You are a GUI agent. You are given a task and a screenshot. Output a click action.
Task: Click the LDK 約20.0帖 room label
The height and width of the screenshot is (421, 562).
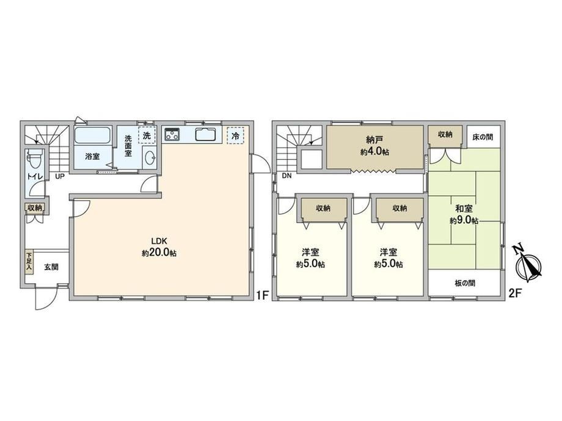159,247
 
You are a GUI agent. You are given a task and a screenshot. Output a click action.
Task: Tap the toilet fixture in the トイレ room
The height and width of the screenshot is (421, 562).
34,158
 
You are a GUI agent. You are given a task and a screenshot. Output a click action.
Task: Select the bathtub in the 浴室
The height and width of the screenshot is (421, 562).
92,135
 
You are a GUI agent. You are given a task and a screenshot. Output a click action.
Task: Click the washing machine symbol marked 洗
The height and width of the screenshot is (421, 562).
147,135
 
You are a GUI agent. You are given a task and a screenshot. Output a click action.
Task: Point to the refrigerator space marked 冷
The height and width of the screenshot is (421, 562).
235,135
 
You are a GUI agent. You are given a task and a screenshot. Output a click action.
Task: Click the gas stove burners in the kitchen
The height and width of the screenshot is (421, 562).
172,134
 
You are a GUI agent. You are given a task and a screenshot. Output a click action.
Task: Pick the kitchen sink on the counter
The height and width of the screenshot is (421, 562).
206,134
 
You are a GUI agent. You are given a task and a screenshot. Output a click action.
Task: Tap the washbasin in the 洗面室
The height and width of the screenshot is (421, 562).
150,157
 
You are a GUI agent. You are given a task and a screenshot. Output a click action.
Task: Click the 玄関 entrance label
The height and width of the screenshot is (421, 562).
51,267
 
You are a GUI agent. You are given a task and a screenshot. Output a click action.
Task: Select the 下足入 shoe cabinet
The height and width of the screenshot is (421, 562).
29,262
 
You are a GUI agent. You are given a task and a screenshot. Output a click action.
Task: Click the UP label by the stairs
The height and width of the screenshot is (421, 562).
59,176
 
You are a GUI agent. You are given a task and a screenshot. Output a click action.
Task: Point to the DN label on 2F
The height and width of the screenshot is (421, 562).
286,176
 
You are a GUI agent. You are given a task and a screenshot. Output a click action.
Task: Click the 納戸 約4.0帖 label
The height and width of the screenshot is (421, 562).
375,145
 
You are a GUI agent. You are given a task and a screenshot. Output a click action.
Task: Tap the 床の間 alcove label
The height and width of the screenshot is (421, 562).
483,137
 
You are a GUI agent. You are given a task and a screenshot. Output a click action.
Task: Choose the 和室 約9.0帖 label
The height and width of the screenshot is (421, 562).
464,214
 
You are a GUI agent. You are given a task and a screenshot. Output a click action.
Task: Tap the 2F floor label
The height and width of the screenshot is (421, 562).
515,294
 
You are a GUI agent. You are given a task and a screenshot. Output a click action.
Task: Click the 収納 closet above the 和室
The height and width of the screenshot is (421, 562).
445,135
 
